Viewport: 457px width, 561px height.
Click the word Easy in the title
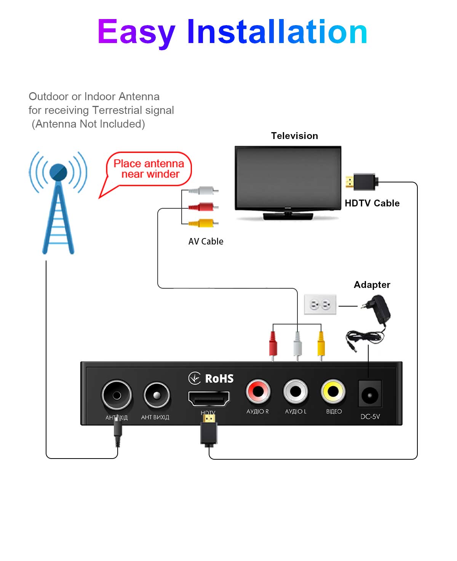click(x=136, y=33)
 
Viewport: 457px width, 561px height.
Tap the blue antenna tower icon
click(x=58, y=202)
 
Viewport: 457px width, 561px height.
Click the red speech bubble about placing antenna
click(x=149, y=169)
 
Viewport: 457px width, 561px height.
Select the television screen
click(x=288, y=177)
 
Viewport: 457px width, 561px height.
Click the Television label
click(x=294, y=136)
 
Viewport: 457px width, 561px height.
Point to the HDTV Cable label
click(x=372, y=203)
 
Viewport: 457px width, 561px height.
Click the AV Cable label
click(x=206, y=241)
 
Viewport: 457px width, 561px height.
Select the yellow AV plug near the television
click(x=203, y=223)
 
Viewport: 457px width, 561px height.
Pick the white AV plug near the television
click(x=203, y=190)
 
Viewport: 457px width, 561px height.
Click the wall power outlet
click(x=320, y=305)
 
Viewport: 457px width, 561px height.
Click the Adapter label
click(x=372, y=285)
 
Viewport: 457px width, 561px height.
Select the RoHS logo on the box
click(x=211, y=379)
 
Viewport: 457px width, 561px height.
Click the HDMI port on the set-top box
click(x=209, y=399)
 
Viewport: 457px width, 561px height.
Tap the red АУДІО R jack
click(x=258, y=391)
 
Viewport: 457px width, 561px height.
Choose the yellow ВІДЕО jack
click(x=333, y=391)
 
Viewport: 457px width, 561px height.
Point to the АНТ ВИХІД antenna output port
click(x=157, y=395)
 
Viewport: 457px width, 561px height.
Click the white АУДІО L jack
click(x=296, y=391)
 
